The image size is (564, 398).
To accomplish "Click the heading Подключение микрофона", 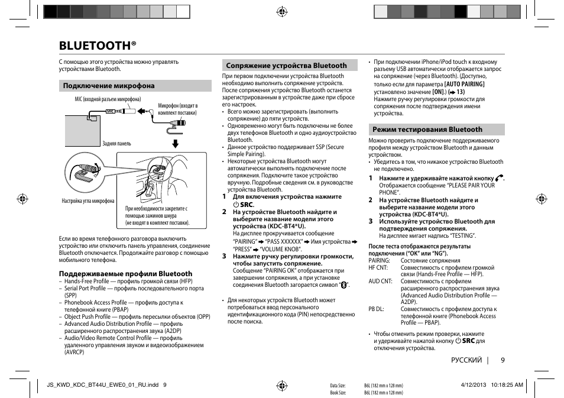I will click(x=109, y=86).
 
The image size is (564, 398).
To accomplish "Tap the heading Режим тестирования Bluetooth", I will click(x=427, y=130).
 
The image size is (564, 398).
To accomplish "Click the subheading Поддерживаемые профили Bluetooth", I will click(x=125, y=274).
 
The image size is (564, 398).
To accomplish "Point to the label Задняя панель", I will click(x=116, y=144).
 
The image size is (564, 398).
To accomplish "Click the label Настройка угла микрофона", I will click(x=88, y=201).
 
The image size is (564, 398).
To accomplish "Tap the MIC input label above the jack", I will click(x=108, y=99).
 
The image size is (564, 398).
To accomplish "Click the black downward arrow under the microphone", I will click(x=175, y=144).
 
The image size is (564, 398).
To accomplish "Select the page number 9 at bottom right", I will click(x=502, y=360).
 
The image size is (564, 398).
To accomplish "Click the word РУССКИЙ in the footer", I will click(x=466, y=360).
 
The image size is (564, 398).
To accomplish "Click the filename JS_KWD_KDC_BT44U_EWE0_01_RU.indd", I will click(x=102, y=385).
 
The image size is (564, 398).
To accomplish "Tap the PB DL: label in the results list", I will click(x=377, y=309).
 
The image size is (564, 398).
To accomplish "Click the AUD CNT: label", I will click(x=380, y=281).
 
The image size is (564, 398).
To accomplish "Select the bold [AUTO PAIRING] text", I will click(x=464, y=84).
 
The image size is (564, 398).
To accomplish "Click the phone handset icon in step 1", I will click(x=500, y=177).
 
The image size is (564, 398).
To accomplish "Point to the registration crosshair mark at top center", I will click(x=282, y=11).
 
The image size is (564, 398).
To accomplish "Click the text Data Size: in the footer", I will click(x=337, y=386).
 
